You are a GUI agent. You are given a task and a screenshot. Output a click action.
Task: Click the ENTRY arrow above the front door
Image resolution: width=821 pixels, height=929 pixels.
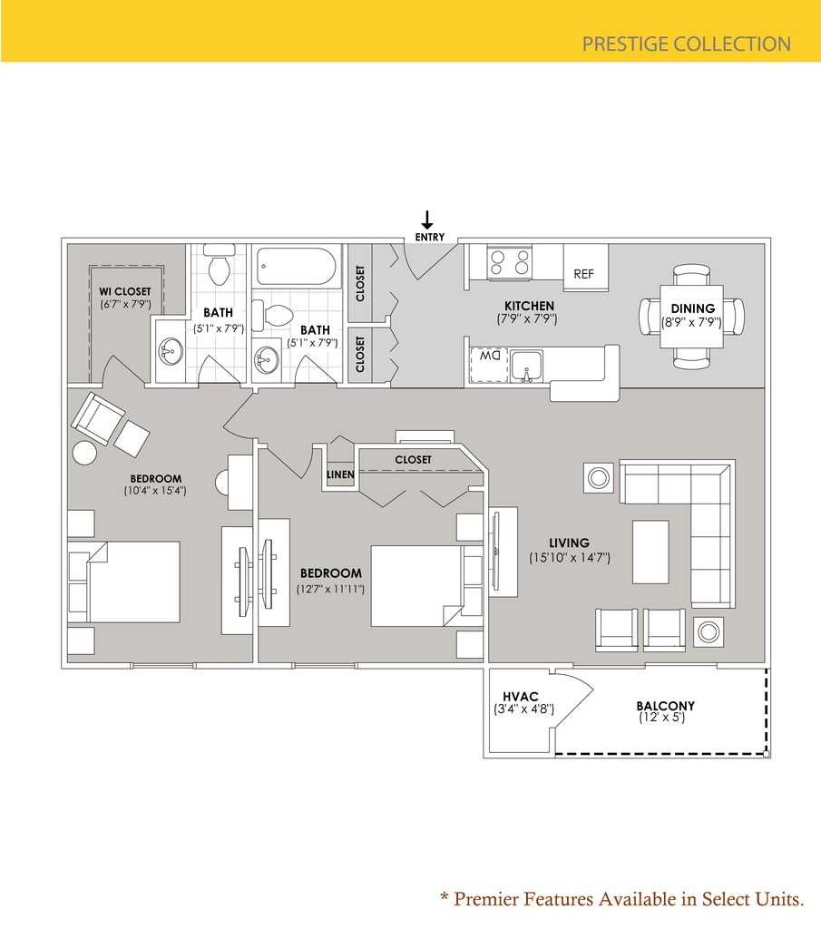coord(427,220)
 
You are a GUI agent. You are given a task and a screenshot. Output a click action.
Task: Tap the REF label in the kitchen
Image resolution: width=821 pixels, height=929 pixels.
coord(583,274)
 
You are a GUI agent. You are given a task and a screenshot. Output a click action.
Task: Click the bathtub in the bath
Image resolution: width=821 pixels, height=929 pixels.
coord(296,267)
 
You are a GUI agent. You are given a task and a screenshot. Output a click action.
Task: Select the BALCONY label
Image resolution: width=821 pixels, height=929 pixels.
coord(665,706)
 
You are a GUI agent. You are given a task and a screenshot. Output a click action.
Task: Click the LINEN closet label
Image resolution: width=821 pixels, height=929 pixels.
coord(340,474)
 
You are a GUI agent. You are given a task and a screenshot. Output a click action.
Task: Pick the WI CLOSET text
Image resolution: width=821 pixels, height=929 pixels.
coord(125,291)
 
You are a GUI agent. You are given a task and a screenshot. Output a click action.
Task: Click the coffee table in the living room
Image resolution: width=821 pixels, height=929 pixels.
coord(650,552)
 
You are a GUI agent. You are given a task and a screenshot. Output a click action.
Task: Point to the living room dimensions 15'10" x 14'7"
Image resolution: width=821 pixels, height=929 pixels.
coord(570,558)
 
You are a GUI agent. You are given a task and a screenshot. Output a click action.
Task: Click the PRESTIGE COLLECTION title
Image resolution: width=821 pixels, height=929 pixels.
coord(686,44)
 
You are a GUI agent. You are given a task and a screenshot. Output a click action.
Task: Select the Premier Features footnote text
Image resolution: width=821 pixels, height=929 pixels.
coord(622,899)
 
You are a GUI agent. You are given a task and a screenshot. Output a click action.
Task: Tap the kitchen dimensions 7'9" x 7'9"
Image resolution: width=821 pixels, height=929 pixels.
coord(526,319)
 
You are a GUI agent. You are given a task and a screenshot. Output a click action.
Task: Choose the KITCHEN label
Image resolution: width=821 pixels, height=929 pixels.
coord(530,306)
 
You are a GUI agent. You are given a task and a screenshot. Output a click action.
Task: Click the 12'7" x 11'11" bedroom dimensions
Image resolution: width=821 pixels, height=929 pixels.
coord(330,589)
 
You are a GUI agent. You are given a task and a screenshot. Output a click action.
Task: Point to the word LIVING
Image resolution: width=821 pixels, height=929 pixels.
coord(569,543)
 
